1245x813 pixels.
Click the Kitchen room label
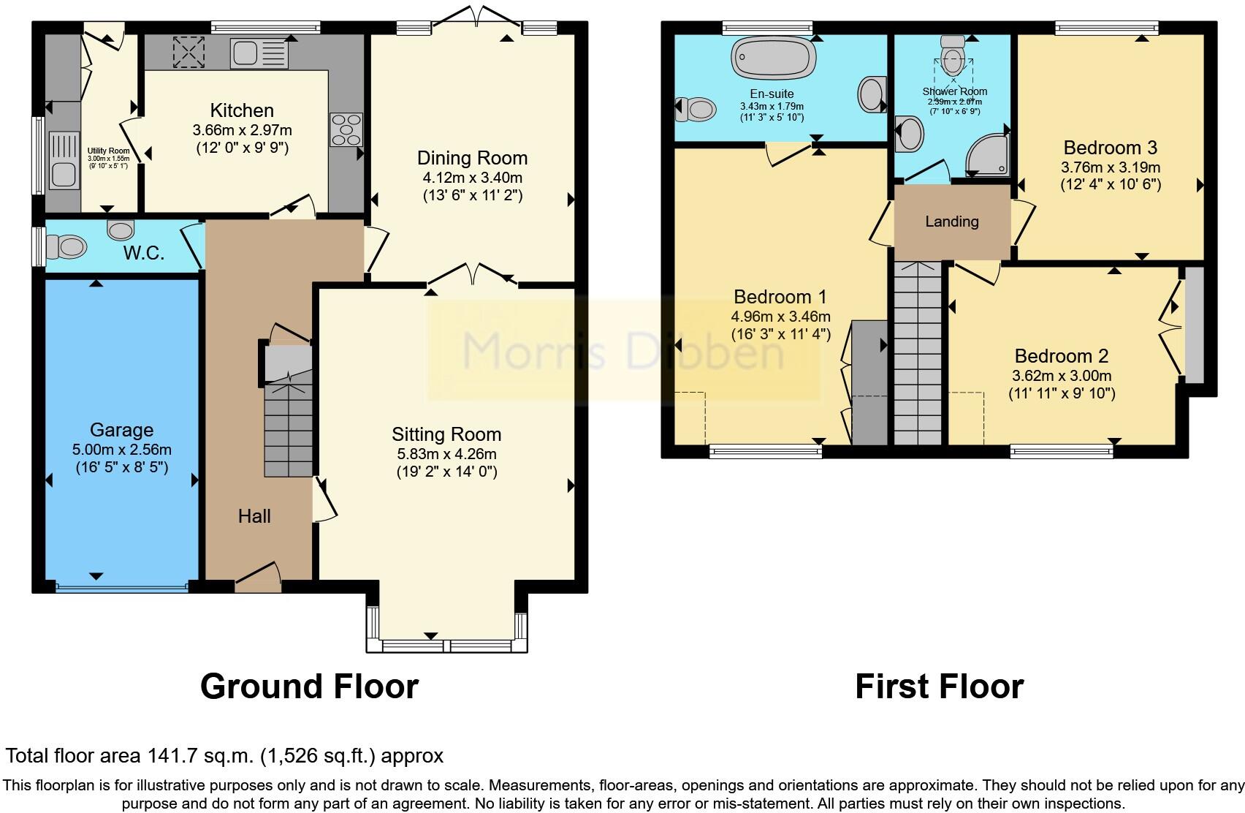click(242, 110)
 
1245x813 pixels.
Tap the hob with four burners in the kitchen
click(346, 129)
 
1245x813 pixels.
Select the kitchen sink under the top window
click(259, 53)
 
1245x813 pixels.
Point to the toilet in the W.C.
click(66, 247)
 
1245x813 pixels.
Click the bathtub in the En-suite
click(773, 57)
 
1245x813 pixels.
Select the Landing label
click(951, 222)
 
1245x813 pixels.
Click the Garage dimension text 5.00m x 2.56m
click(122, 450)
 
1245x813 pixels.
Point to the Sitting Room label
click(446, 434)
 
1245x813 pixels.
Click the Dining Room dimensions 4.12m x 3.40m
click(473, 178)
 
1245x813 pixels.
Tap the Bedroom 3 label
click(1110, 148)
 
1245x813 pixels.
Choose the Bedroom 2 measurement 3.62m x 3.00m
click(1062, 375)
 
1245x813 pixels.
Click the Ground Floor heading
click(310, 687)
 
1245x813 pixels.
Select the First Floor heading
click(940, 687)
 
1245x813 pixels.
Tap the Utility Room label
click(108, 151)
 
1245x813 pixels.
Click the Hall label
click(254, 516)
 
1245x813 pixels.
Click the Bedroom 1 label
click(780, 296)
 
